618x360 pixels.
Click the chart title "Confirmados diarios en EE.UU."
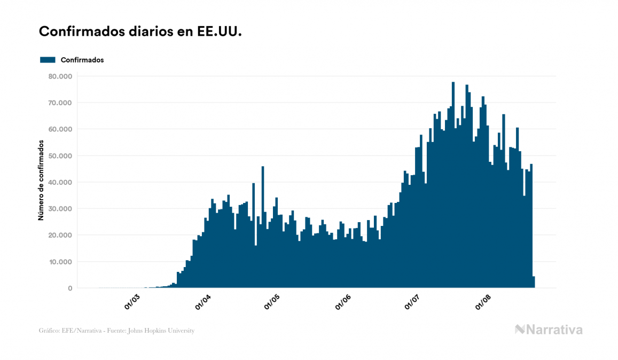click(x=140, y=32)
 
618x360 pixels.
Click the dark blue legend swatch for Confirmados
click(x=48, y=60)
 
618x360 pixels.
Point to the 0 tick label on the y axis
click(x=69, y=288)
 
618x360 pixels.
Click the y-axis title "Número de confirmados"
click(x=41, y=181)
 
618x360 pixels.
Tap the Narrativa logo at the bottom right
click(x=549, y=330)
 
